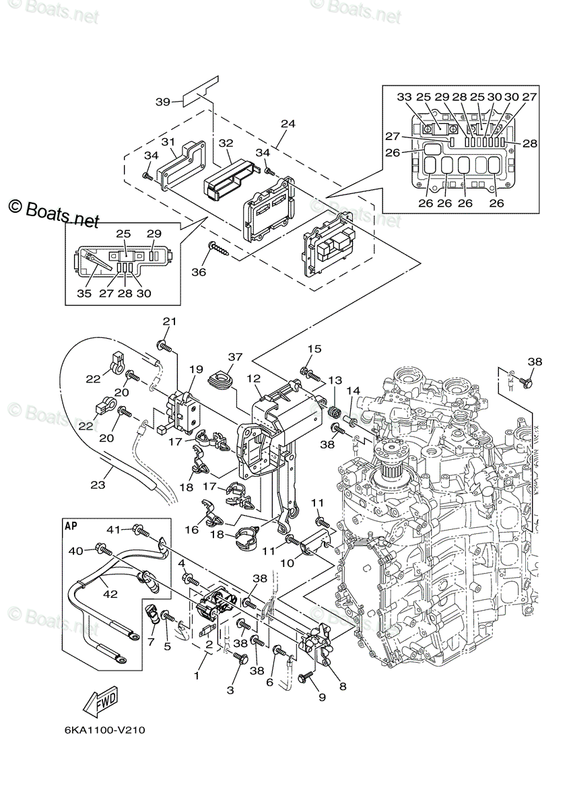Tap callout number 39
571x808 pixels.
click(x=163, y=102)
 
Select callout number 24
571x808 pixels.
click(x=288, y=124)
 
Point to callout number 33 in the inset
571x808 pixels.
click(x=405, y=97)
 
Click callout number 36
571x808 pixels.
click(x=199, y=272)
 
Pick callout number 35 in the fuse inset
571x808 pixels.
click(x=84, y=294)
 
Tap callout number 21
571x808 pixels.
click(x=169, y=321)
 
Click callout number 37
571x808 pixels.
click(x=235, y=357)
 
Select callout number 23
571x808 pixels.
click(x=98, y=485)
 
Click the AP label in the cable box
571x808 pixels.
click(x=72, y=527)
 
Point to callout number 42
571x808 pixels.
click(x=110, y=593)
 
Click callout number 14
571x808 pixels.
click(x=354, y=391)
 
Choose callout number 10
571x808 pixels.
click(x=288, y=563)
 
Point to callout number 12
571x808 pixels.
click(x=254, y=378)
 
